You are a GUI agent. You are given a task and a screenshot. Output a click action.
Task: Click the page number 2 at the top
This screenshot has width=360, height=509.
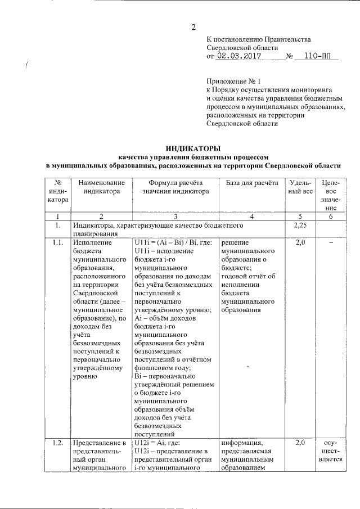tap(194, 27)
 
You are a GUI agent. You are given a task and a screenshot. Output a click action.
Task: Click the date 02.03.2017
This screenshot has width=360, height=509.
tap(237, 57)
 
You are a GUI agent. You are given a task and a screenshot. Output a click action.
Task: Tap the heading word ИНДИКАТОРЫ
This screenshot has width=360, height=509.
tap(193, 147)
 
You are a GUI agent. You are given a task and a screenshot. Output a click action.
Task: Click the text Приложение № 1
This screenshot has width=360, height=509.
tap(230, 80)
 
